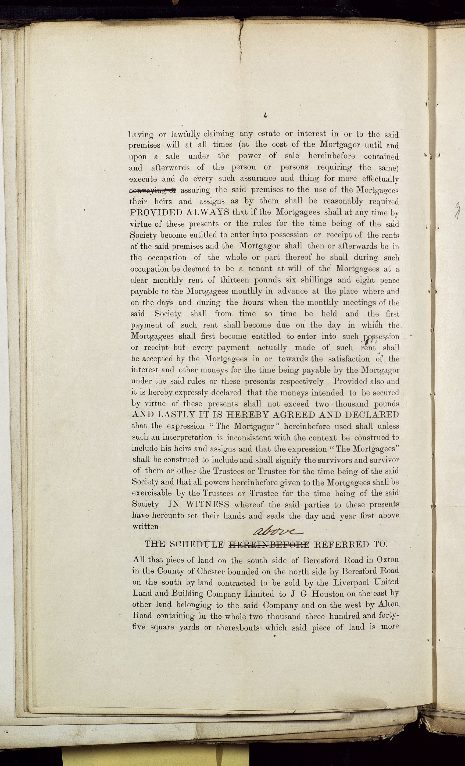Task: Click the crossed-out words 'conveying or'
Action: coord(153,190)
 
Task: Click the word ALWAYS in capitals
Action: coord(208,213)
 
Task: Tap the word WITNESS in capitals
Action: coord(208,504)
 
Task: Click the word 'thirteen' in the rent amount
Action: coord(234,280)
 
